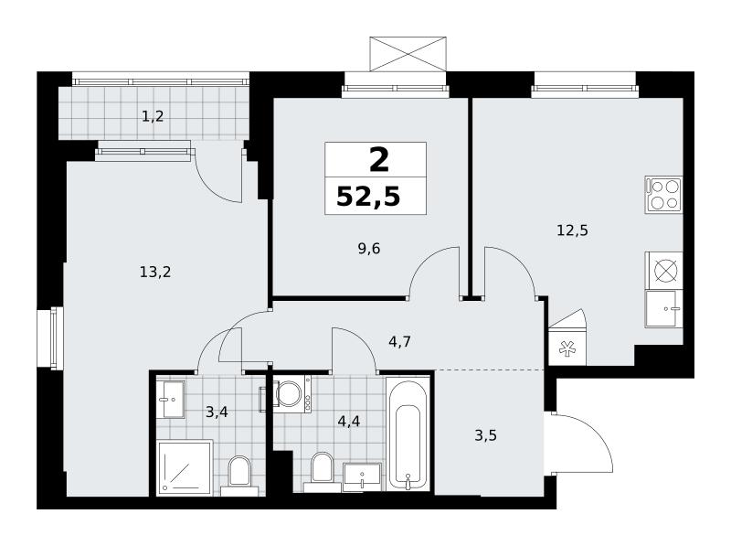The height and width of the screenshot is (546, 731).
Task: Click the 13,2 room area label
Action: pos(155,272)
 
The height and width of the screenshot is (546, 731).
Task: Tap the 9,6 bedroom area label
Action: pos(369,249)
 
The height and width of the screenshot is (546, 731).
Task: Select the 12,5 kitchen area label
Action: pos(572,230)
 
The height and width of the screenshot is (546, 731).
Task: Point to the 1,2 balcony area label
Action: pos(153,116)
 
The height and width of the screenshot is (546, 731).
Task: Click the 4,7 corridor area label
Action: pos(399,342)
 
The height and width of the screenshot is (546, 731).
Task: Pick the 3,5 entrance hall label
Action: pos(485,435)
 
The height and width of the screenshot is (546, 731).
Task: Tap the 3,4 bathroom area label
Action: pos(217,412)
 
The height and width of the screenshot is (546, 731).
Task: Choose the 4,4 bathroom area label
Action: pos(349,422)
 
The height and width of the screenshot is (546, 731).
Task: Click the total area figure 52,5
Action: pos(368,196)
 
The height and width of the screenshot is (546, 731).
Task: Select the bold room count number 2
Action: pos(378,160)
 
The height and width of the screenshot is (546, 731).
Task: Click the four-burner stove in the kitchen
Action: pos(663,195)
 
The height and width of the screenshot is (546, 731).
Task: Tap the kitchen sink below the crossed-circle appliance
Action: pos(664,308)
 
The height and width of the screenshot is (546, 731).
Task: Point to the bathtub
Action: pos(408,434)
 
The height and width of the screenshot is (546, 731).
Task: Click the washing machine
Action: pos(291,393)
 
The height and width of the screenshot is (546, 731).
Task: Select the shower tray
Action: pos(185,466)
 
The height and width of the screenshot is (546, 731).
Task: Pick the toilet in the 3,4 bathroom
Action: pos(239,475)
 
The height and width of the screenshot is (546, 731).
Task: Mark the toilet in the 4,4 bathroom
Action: pos(322,471)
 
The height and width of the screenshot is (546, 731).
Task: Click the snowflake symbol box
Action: pos(567,348)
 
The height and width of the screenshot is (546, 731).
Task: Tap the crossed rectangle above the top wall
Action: pos(408,54)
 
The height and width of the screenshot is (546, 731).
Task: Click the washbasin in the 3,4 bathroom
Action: pos(170,399)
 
